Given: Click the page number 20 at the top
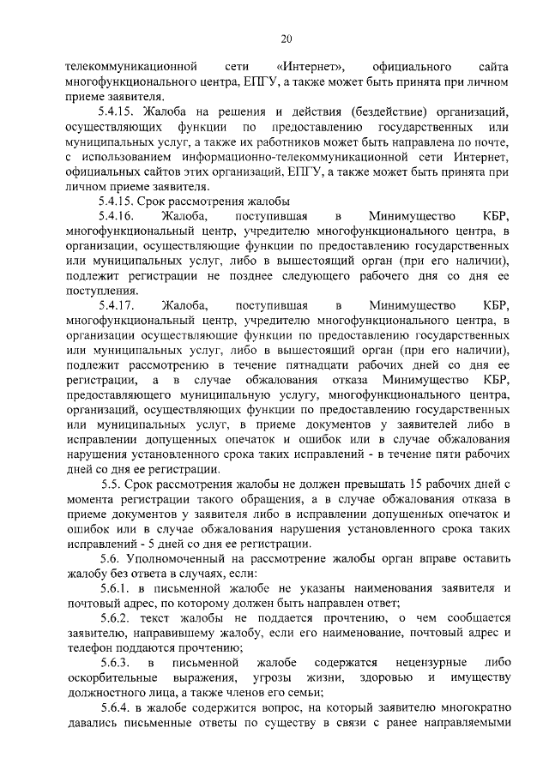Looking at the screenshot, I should click(287, 39).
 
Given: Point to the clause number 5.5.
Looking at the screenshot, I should click(114, 485).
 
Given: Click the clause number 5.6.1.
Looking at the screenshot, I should click(118, 588).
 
